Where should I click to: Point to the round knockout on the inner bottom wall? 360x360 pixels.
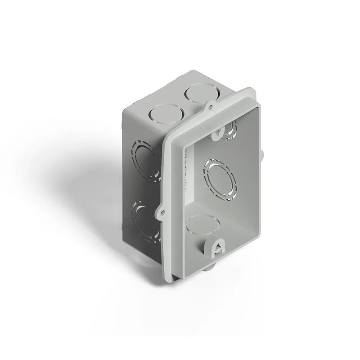point(201,225)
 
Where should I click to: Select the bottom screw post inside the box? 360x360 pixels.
point(214,246)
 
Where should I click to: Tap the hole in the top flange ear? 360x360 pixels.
point(210,107)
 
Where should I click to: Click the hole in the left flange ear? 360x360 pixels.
point(161,211)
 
